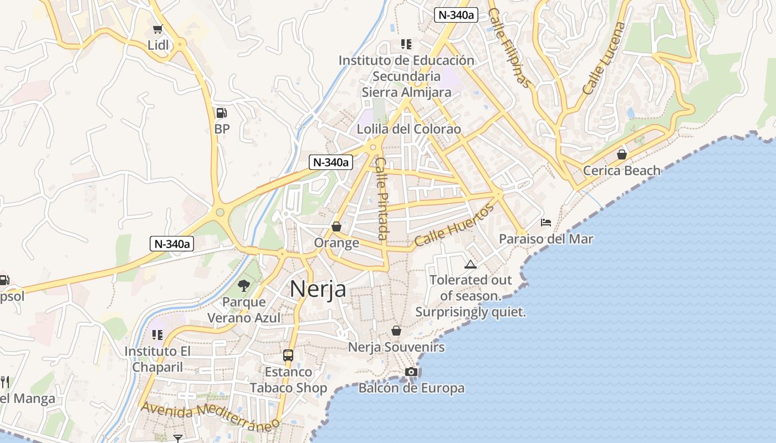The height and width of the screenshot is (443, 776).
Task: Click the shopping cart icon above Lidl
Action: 158,29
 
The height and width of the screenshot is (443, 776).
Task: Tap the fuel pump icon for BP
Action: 221,113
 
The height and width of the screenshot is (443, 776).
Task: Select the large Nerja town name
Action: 318,289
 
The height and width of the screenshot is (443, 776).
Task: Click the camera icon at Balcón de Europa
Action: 411,372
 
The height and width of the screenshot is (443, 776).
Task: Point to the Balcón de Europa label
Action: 411,388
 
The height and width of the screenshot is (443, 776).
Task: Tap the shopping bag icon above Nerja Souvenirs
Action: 396,331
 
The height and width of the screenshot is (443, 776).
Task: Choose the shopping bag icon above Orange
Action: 336,226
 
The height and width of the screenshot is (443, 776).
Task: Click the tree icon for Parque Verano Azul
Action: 243,286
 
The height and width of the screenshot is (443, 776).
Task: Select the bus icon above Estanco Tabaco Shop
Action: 288,356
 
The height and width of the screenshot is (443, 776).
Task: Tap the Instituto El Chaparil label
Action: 158,359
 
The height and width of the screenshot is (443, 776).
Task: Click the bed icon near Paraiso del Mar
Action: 546,223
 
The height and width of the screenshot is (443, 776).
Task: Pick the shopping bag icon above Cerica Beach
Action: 622,154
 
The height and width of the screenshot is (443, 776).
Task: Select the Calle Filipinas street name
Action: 510,48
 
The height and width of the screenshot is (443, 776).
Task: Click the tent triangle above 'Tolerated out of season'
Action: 471,264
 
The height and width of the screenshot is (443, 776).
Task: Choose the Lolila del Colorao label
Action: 409,129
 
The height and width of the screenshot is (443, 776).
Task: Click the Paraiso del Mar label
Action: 546,239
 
